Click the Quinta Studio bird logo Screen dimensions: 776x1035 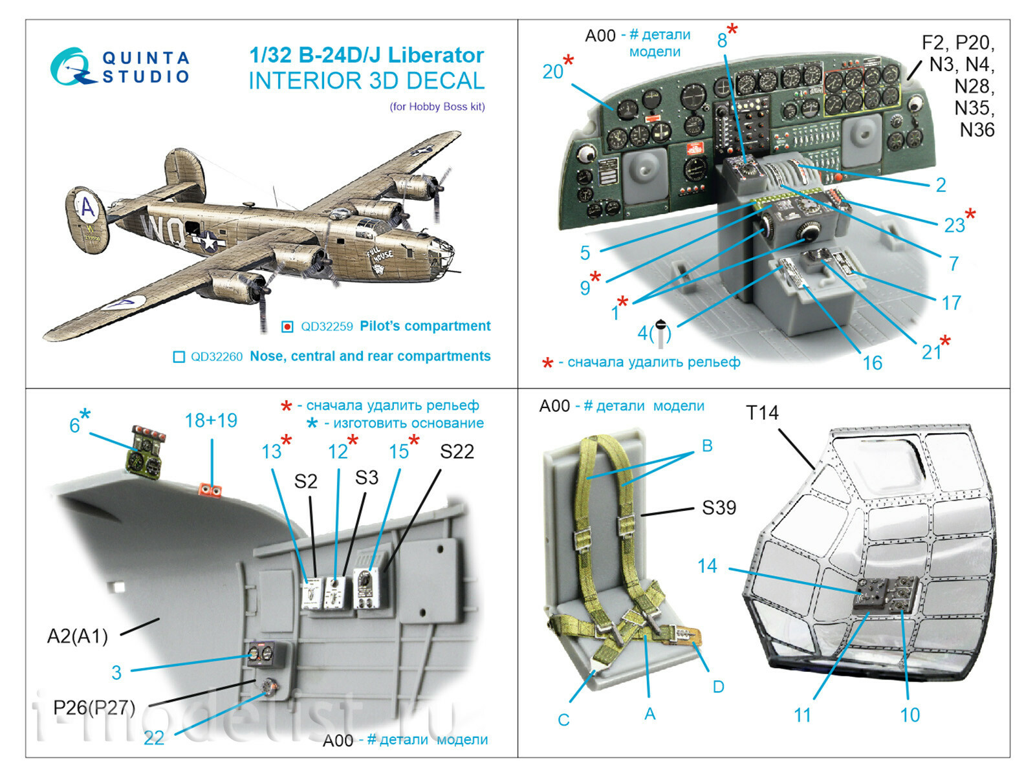[x=70, y=67]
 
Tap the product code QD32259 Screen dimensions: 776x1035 [x=326, y=327]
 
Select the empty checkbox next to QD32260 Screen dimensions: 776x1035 [x=179, y=357]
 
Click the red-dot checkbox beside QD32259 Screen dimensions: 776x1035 [x=287, y=327]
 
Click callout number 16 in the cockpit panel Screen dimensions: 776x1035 [x=871, y=363]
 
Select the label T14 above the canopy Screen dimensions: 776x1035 [x=762, y=413]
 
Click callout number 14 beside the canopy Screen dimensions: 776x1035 [x=707, y=566]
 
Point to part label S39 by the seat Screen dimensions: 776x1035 [x=719, y=508]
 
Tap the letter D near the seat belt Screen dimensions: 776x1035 [x=718, y=686]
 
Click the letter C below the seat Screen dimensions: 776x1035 [x=563, y=720]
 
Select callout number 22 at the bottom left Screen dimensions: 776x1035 [x=154, y=737]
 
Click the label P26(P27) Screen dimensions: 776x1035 [x=94, y=707]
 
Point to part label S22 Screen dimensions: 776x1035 [x=457, y=451]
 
